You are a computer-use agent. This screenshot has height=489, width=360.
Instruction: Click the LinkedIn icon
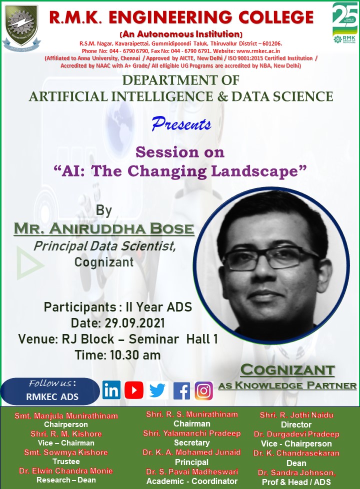(x=111, y=390)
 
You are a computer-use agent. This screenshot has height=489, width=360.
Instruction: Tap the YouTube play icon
(x=134, y=390)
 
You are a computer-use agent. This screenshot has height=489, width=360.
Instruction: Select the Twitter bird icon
(x=157, y=390)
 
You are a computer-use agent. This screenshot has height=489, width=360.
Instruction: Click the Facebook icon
(x=181, y=390)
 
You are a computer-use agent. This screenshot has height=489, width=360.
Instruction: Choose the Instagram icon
(x=203, y=390)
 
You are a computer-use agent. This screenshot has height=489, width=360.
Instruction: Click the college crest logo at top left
(x=21, y=27)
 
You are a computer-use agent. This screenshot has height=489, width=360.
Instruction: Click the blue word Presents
(x=181, y=123)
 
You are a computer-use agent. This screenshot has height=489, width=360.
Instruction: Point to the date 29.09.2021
(x=135, y=323)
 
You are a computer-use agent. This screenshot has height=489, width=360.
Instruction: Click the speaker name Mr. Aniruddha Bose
(x=104, y=228)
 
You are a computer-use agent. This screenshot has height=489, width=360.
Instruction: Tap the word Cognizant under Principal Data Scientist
(x=104, y=262)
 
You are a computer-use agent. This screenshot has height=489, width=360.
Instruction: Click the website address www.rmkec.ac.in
(x=258, y=51)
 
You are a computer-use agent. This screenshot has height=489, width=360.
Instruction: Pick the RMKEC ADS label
(x=52, y=396)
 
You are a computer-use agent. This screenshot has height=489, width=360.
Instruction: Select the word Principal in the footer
(x=191, y=462)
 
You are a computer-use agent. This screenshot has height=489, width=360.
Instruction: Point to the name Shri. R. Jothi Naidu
(x=296, y=415)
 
